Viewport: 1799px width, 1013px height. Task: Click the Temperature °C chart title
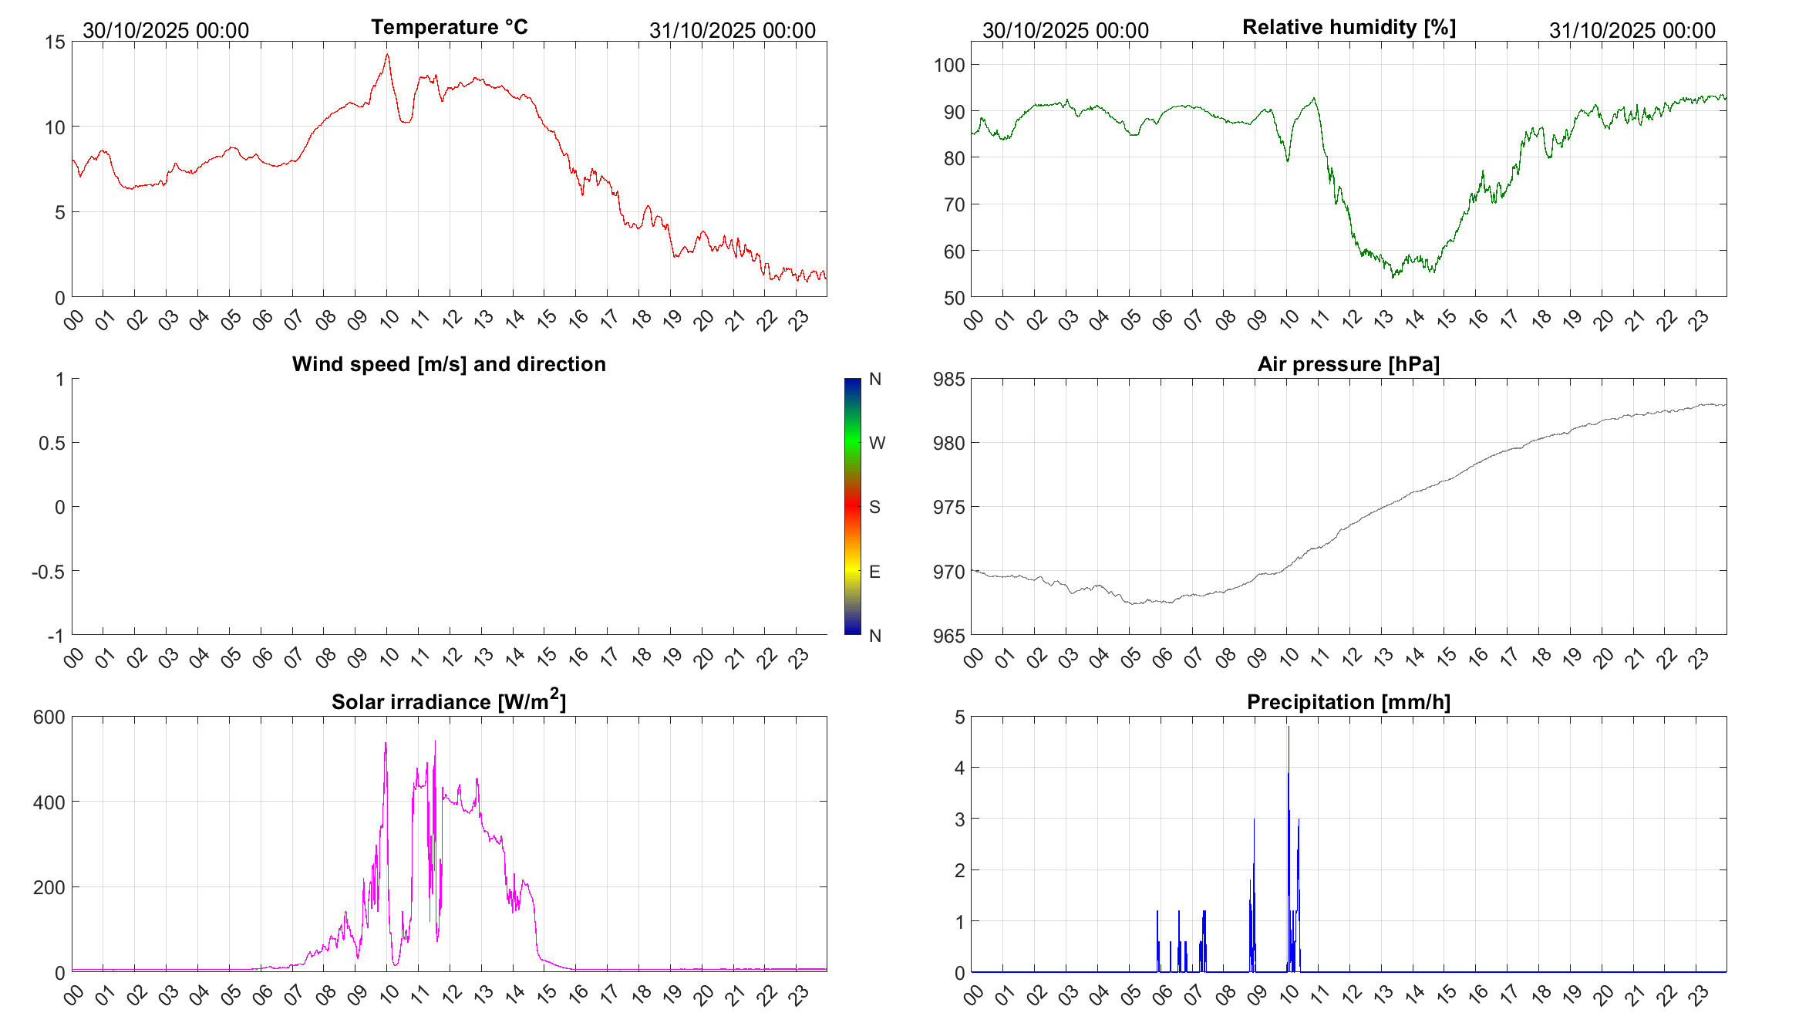449,27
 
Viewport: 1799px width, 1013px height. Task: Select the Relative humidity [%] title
1349,27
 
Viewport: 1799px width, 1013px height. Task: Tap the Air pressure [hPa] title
1348,364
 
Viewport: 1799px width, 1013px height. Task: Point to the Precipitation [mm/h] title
1348,702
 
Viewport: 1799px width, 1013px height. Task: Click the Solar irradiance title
448,701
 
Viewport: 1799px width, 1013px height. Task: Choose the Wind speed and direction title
448,364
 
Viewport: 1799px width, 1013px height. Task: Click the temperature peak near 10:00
387,55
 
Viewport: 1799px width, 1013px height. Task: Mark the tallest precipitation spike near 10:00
1288,728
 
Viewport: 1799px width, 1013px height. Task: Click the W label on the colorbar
877,443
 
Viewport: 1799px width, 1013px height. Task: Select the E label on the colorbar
874,572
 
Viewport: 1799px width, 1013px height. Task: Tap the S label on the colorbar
874,507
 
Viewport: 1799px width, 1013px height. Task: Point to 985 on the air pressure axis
948,379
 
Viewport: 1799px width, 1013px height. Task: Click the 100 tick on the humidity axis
948,65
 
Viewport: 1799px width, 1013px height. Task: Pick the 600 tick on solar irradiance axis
49,717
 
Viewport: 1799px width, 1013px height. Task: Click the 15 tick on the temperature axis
55,42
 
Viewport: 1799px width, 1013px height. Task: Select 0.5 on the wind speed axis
52,443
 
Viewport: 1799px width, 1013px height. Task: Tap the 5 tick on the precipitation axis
959,717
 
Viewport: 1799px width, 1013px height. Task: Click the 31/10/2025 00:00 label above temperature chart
732,30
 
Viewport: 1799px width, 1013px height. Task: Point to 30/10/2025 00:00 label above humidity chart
1065,30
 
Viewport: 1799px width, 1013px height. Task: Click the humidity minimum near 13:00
1392,276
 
